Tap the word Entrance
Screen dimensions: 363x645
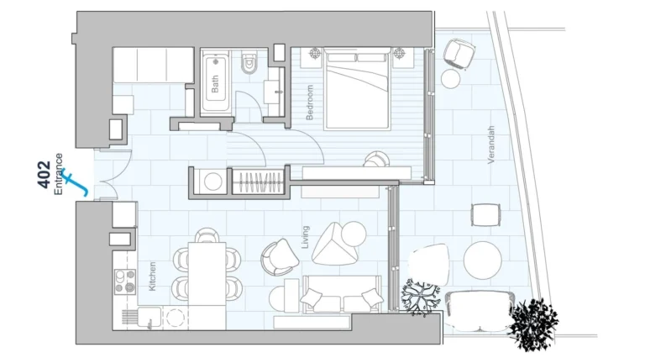tap(59, 173)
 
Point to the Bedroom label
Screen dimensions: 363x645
tap(310, 103)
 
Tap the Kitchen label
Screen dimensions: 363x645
tap(152, 276)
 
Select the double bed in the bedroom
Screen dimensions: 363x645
tap(357, 89)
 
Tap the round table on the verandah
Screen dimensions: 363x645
tap(482, 260)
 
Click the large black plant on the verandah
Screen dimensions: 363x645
tap(532, 322)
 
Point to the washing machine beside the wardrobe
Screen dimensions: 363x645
tap(212, 181)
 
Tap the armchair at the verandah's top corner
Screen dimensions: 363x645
tap(456, 53)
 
